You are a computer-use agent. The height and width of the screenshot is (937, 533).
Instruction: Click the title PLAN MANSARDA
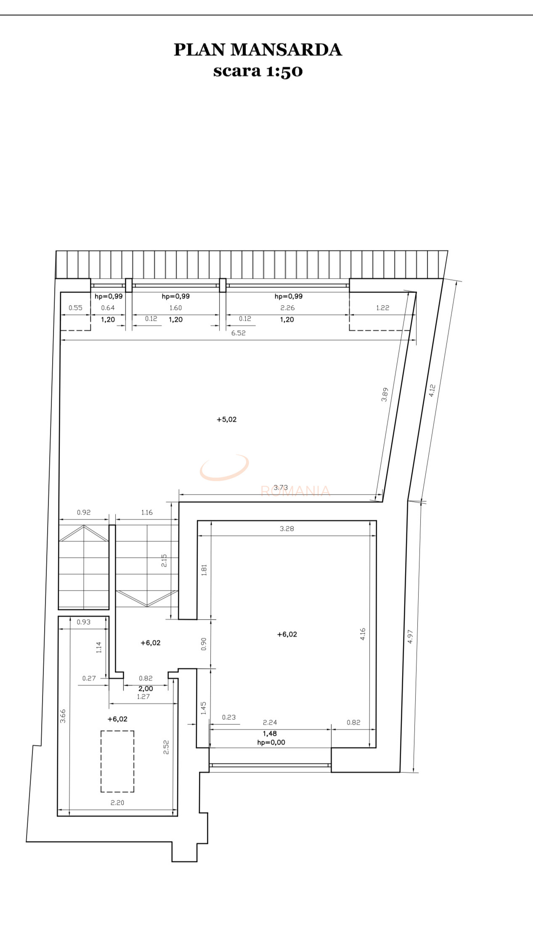[x=257, y=50]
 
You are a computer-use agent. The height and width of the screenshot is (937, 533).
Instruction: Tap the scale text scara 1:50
[x=257, y=71]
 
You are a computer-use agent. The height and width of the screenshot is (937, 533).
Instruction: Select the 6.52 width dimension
[x=238, y=333]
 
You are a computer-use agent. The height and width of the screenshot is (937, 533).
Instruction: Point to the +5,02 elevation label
[x=226, y=419]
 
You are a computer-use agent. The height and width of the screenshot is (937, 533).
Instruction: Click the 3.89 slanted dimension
[x=385, y=394]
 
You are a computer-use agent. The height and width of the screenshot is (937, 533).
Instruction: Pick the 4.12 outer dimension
[x=432, y=390]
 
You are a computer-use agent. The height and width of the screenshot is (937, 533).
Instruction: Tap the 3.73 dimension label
[x=281, y=487]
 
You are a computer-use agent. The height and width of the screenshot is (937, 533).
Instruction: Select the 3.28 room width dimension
[x=286, y=529]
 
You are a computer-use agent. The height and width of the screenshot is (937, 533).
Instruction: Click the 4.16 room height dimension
[x=363, y=634]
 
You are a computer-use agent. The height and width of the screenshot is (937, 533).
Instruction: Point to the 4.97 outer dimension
[x=410, y=636]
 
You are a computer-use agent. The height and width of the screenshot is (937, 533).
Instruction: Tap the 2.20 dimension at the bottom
[x=117, y=803]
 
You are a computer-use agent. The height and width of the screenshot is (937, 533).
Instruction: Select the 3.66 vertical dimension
[x=63, y=716]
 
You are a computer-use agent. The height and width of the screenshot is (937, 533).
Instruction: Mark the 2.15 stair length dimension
[x=164, y=560]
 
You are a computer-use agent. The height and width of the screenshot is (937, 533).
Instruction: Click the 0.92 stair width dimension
[x=83, y=512]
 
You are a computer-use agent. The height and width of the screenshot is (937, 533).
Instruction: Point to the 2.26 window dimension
[x=287, y=308]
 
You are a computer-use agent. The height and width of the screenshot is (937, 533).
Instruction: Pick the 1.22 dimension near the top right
[x=382, y=308]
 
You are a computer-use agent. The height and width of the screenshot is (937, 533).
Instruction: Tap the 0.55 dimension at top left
[x=75, y=308]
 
